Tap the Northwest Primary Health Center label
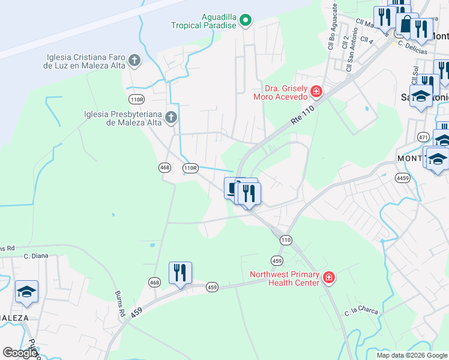coord(285,278)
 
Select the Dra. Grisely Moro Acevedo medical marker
coord(316,92)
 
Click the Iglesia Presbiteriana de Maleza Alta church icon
coord(171,117)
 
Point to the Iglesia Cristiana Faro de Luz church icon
coord(134,60)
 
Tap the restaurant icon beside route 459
coord(179,273)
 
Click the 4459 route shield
coord(402,178)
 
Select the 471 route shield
coord(424,137)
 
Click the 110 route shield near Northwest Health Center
coord(285,240)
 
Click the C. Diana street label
coord(36,256)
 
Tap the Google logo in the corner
coord(20,353)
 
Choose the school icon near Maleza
coord(26,292)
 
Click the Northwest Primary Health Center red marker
coord(328,277)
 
